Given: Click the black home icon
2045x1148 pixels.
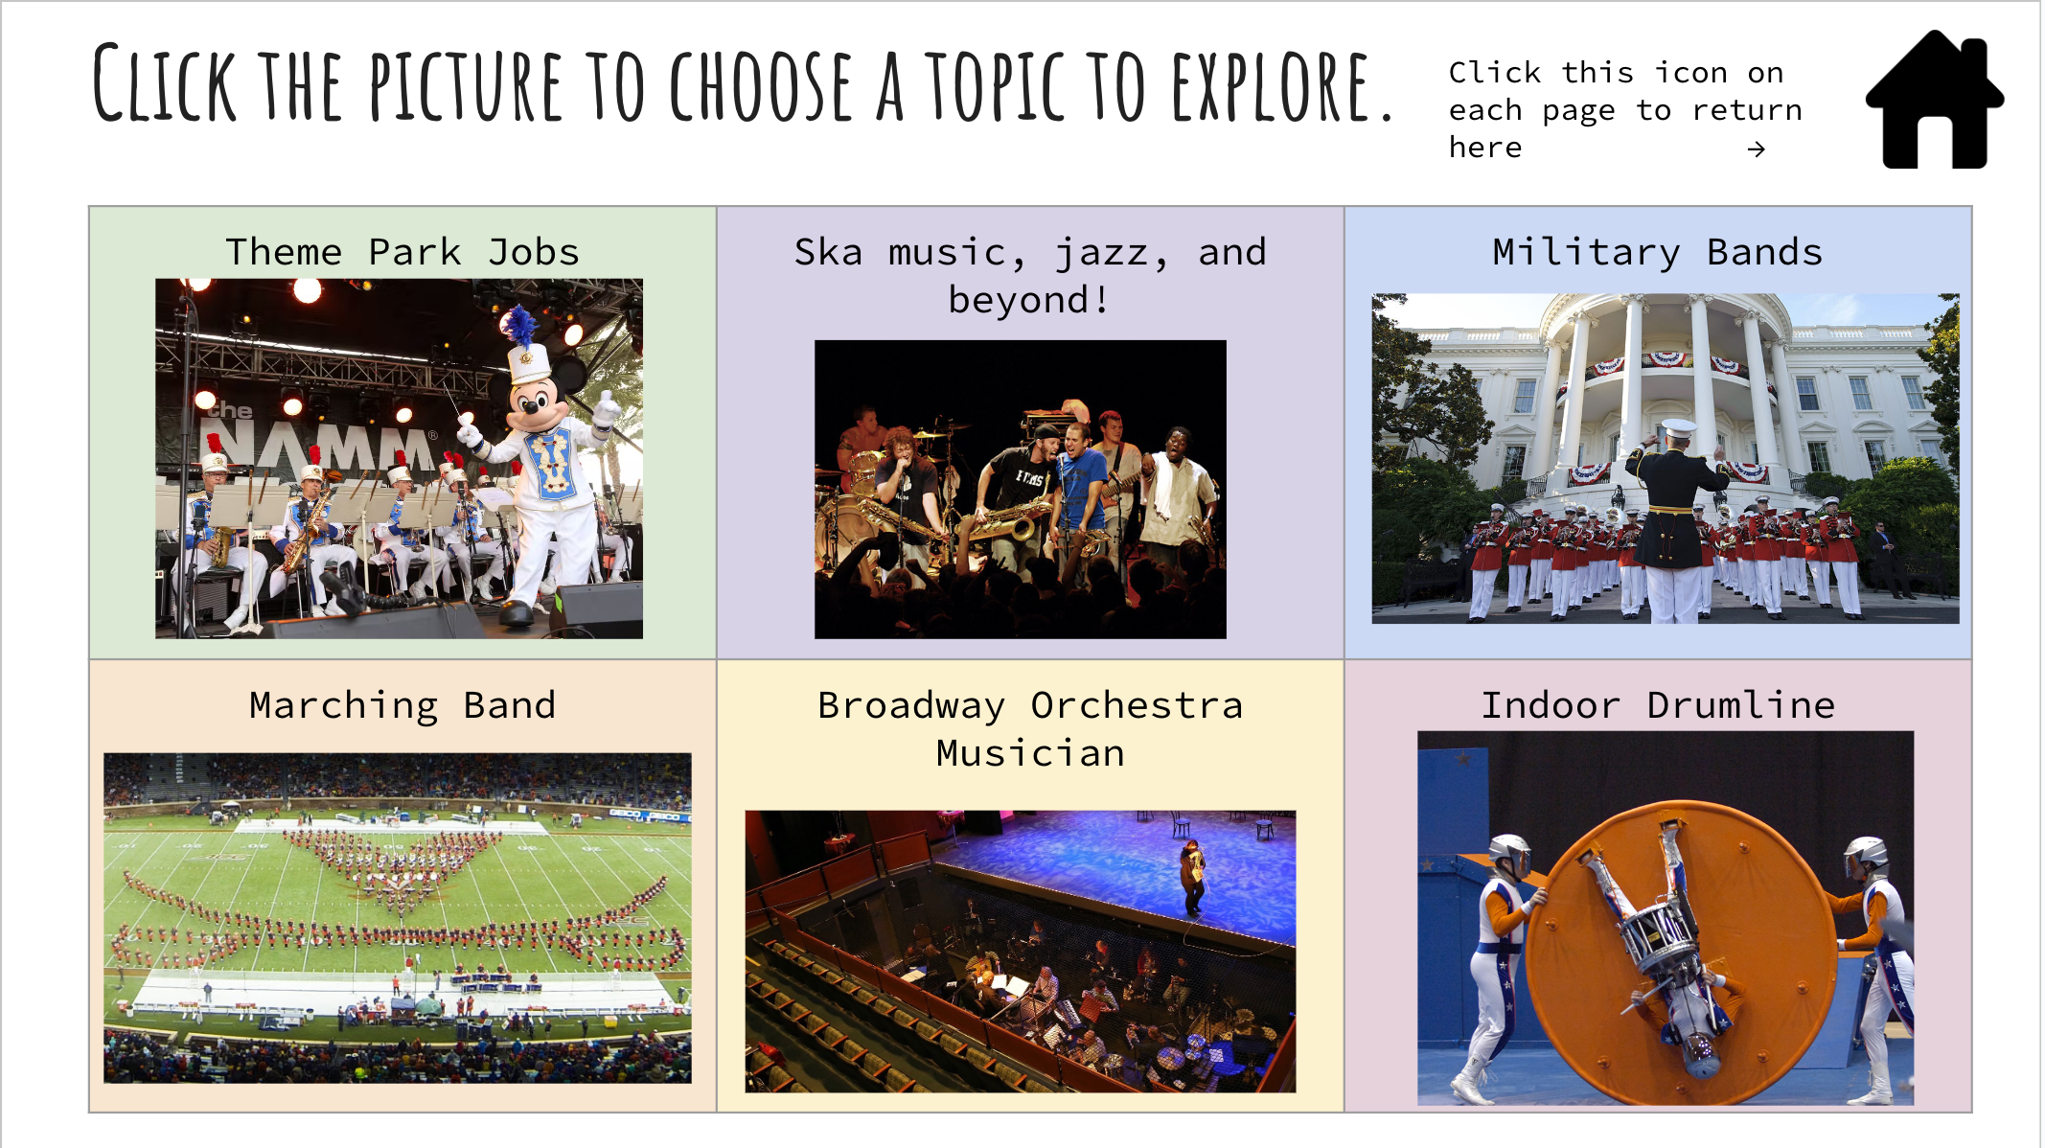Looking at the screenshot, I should coord(1934,103).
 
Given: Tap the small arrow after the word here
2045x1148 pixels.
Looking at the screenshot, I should coord(1756,149).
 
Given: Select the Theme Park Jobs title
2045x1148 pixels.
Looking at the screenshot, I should coord(402,252).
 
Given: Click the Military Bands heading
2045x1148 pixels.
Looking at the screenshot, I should coord(1657,252).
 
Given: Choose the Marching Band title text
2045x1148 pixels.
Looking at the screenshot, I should coord(402,705).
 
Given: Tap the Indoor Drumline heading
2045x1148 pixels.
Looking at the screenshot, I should coord(1658,705).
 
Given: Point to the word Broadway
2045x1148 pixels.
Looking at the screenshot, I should coord(910,705).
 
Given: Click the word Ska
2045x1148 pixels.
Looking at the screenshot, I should coord(828,252).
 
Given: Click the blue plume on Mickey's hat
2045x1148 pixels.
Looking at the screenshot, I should coord(520,326).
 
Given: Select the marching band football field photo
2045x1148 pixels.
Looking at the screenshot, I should coord(397,917).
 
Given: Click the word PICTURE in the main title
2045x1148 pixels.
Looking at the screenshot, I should coord(466,88).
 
